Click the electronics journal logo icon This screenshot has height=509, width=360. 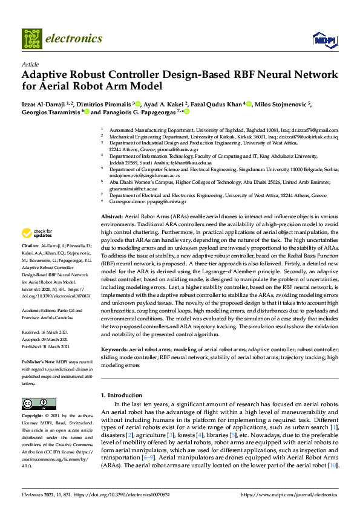click(x=33, y=39)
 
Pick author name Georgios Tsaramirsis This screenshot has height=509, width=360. click(x=51, y=112)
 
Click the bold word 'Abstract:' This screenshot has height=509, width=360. click(x=113, y=216)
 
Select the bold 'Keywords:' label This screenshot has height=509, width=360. click(x=115, y=350)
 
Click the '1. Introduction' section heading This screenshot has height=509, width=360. click(x=121, y=395)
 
